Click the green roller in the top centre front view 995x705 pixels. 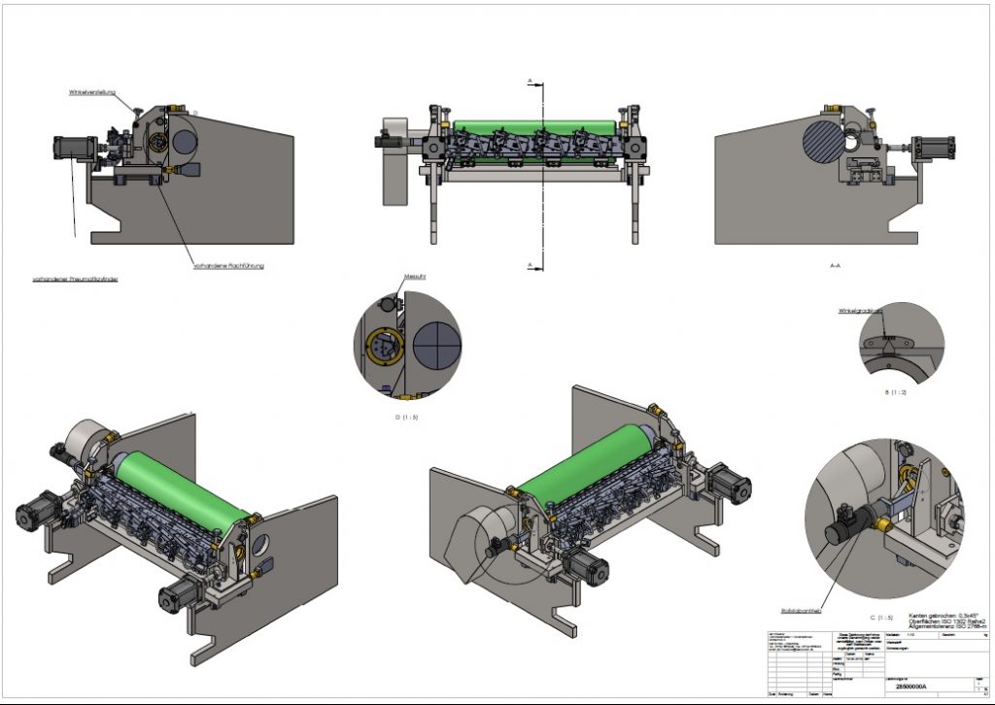pyautogui.click(x=533, y=127)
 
